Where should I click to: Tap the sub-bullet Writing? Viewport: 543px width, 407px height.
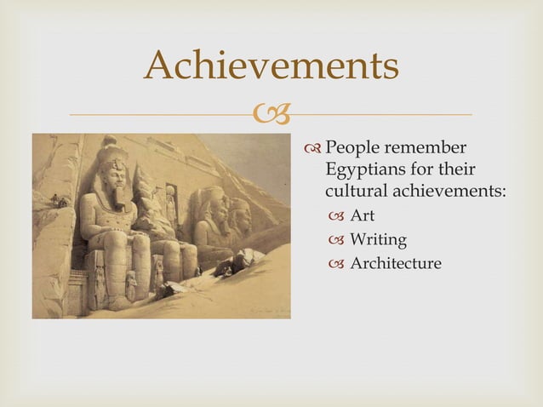379,239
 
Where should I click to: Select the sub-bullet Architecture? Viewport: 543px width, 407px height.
397,263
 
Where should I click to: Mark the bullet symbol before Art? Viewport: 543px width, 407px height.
334,216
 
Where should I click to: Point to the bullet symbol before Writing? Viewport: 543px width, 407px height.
334,240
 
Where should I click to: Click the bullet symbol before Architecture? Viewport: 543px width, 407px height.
334,264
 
